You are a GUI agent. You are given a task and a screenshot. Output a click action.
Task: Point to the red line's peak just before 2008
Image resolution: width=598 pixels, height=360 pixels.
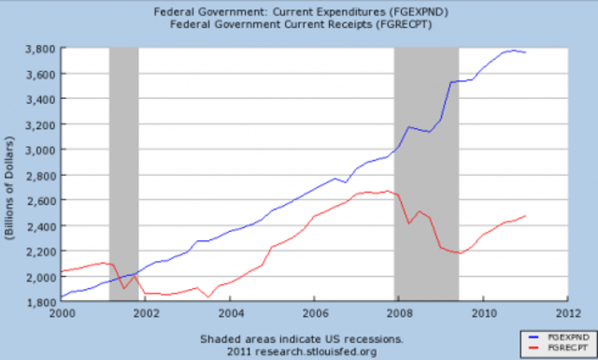tap(388, 191)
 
